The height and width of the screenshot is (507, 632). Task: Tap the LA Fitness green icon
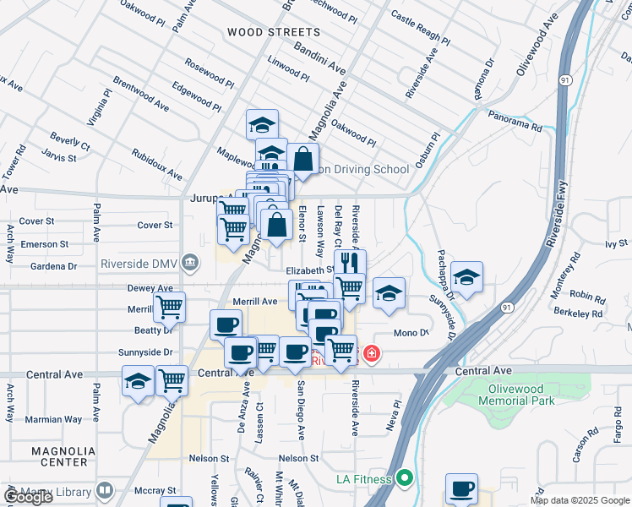pos(405,479)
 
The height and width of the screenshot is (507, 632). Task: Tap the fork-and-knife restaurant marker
pos(350,261)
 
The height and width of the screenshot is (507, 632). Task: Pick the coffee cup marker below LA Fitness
pos(461,488)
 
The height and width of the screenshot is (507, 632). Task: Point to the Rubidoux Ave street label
pos(157,165)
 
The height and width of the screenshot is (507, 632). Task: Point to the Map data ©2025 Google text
pos(580,500)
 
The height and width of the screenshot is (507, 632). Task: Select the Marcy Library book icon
pos(105,490)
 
